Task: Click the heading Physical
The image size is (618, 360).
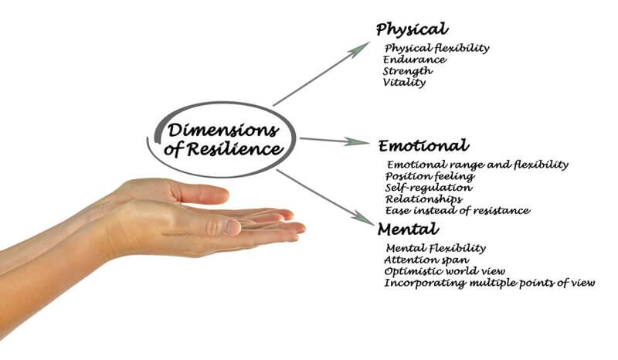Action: click(x=412, y=29)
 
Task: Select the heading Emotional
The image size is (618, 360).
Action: click(x=423, y=145)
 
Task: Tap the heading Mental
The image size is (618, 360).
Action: click(x=409, y=229)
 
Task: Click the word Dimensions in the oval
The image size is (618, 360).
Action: click(x=223, y=130)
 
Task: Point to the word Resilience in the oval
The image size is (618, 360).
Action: click(x=235, y=149)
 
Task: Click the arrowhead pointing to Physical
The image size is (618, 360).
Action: click(x=361, y=49)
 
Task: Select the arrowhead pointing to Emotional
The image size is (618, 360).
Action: click(x=357, y=141)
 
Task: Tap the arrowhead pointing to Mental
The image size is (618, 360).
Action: click(x=363, y=218)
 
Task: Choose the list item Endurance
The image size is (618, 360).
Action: click(x=415, y=59)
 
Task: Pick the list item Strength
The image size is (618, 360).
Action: click(x=408, y=71)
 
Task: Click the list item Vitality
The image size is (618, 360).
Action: click(x=404, y=83)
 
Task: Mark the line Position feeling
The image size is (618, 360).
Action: click(x=430, y=176)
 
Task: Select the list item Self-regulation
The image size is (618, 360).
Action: click(x=429, y=188)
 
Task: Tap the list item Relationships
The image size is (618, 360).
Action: click(x=424, y=199)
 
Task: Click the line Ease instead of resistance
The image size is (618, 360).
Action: click(x=457, y=211)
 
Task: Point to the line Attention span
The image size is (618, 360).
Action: click(x=427, y=260)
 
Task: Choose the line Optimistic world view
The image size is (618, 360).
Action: click(x=445, y=271)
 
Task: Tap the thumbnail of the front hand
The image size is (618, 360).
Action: click(x=233, y=227)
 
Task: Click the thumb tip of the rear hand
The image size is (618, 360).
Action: click(x=226, y=194)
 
